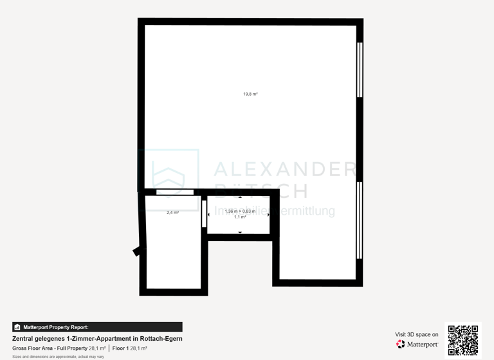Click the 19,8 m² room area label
click(250, 94)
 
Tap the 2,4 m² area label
click(172, 212)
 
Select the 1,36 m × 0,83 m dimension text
click(239, 211)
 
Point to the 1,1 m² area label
click(239, 217)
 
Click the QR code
click(462, 340)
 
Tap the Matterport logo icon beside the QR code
click(401, 345)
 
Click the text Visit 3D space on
click(417, 334)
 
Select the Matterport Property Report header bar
click(97, 327)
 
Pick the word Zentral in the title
click(24, 339)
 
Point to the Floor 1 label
click(120, 348)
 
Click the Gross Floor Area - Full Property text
click(50, 348)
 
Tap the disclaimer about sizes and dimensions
click(58, 356)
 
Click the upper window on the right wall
click(360, 69)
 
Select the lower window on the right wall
click(360, 220)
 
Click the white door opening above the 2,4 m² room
click(175, 192)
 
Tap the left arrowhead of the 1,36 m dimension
click(208, 215)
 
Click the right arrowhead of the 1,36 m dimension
click(268, 215)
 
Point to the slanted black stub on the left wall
click(137, 250)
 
